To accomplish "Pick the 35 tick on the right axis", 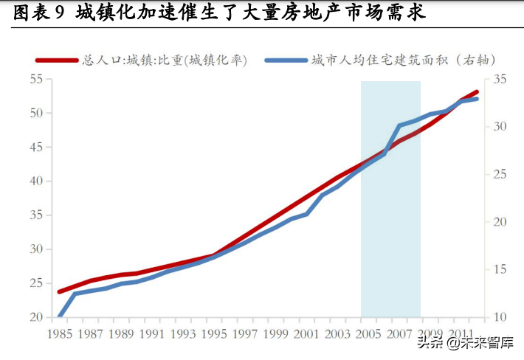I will pos(500,79).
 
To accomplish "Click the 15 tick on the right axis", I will pos(500,270).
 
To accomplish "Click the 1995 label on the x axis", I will pos(213,334).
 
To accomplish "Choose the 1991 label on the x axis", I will pos(151,334).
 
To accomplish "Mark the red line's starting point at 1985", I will pos(59,292).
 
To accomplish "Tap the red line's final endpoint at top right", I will pos(477,92).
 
